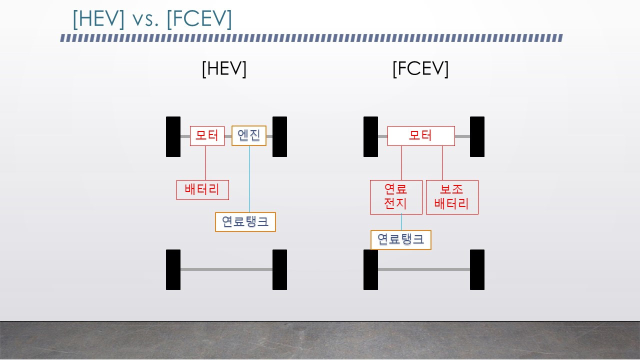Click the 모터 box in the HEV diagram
tap(207, 136)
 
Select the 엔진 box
tap(248, 135)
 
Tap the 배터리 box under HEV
tap(202, 190)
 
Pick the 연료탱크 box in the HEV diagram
tap(245, 222)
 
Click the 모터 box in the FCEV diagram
tap(421, 136)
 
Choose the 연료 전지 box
tap(396, 197)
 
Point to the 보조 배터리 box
tap(452, 197)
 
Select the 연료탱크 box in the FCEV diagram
tap(400, 240)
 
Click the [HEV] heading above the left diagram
tap(224, 69)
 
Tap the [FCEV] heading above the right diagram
tap(420, 69)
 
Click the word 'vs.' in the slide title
tap(145, 19)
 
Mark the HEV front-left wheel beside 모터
tap(173, 136)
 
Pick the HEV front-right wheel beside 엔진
tap(279, 136)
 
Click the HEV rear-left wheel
tap(173, 269)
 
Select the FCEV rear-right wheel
tap(477, 269)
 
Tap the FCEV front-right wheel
tap(477, 136)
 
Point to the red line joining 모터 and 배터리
tap(205, 163)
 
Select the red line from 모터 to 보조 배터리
tap(442, 163)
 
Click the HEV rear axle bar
tap(226, 269)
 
